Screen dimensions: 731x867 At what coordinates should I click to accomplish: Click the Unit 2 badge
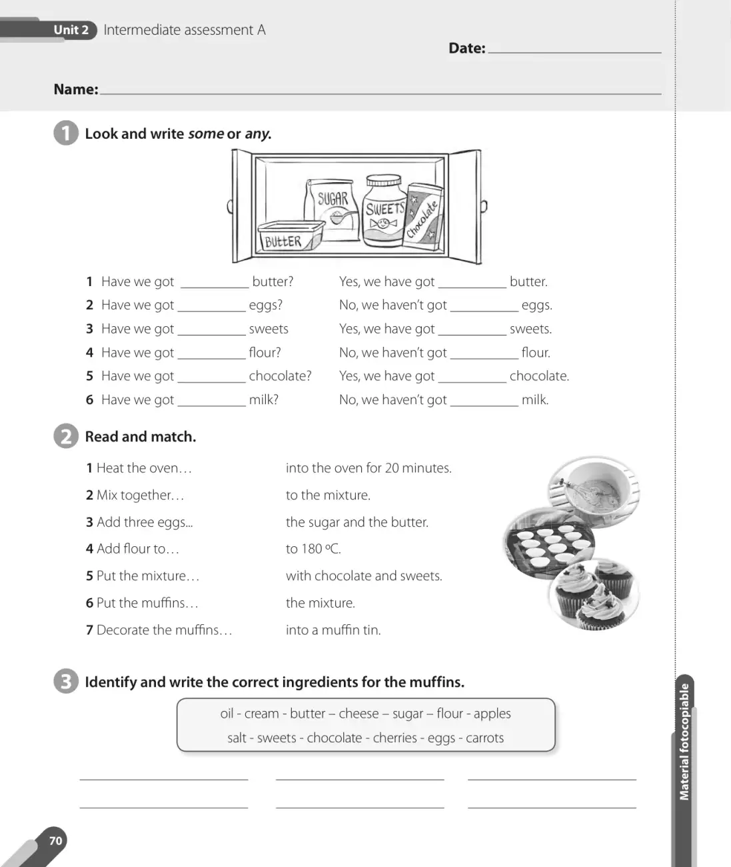[71, 30]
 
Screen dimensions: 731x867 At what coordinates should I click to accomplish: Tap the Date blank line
[574, 53]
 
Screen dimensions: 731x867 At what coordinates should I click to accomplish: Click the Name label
[76, 89]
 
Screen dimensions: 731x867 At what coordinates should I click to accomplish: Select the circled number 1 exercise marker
[66, 133]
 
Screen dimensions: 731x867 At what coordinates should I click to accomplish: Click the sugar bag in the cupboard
[332, 209]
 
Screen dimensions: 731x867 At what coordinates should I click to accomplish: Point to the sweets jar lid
[384, 181]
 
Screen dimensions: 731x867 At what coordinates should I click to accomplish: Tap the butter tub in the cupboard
[291, 237]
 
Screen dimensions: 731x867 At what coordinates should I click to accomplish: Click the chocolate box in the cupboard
[423, 217]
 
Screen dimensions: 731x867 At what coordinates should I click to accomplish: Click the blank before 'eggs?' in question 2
[212, 311]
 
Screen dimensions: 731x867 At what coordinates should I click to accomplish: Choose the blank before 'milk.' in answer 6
[484, 405]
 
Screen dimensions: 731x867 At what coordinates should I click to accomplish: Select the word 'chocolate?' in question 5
[280, 375]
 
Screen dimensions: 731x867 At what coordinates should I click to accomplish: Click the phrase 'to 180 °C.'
[313, 549]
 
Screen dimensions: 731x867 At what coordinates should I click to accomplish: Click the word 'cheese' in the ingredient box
[359, 714]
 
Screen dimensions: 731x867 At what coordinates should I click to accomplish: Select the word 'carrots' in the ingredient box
[484, 738]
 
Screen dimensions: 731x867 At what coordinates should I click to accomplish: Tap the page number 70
[55, 841]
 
